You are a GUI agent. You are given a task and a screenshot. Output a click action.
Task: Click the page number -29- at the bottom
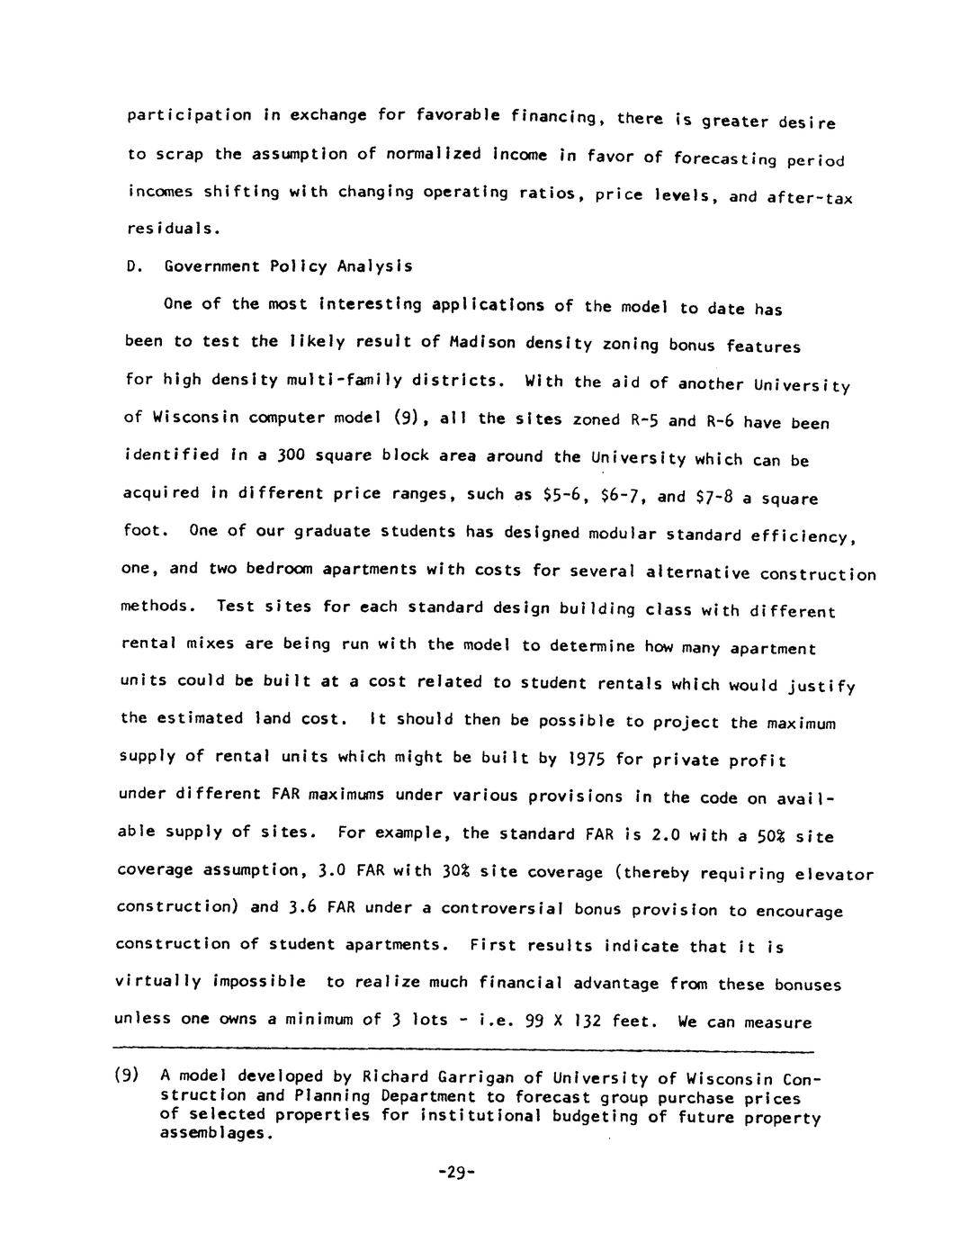click(455, 1173)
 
